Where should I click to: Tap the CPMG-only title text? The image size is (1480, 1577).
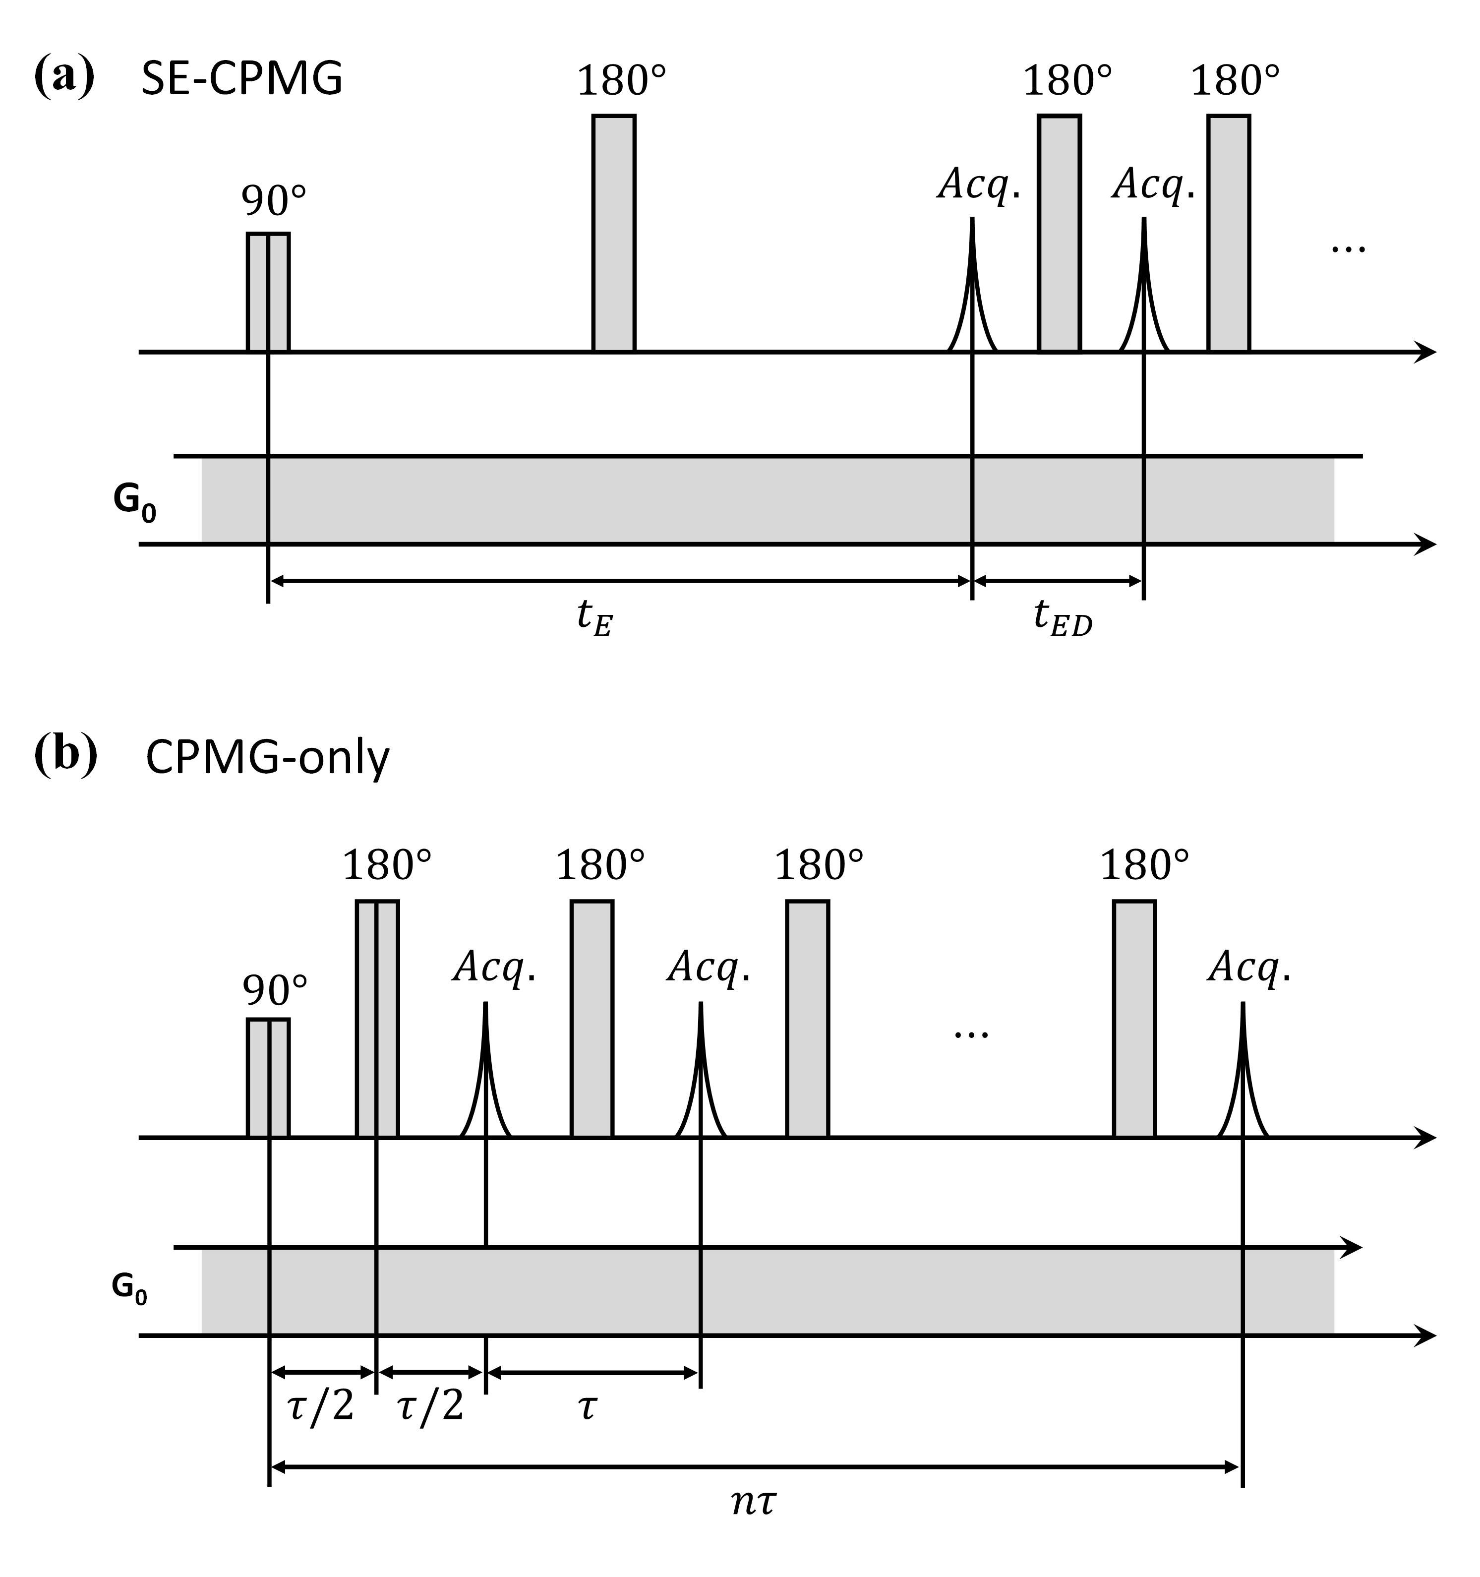tap(267, 758)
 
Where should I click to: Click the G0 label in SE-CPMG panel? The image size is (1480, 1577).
tap(134, 502)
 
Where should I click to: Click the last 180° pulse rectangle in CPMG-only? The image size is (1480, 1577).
tap(1134, 1019)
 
